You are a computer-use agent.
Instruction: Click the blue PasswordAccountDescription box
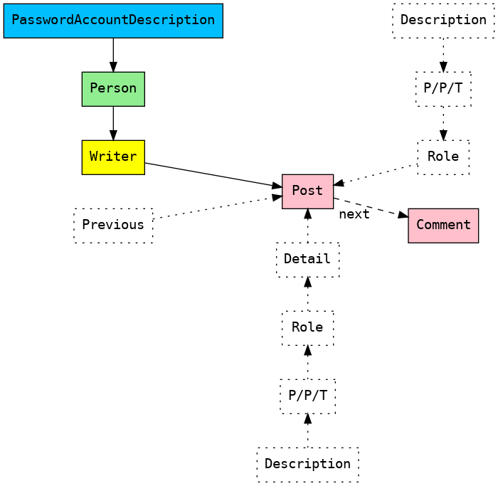(x=113, y=20)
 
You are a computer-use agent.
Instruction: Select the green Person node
(x=113, y=88)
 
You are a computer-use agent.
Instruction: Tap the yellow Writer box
(x=113, y=157)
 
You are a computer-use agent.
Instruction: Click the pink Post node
(x=307, y=191)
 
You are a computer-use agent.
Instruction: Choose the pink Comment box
(x=443, y=225)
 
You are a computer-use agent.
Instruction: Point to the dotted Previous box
(x=113, y=225)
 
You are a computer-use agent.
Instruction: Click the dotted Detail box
(x=307, y=259)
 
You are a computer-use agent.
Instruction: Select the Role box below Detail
(x=307, y=327)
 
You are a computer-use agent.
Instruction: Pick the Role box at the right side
(x=443, y=157)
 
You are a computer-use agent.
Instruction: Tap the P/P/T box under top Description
(x=443, y=88)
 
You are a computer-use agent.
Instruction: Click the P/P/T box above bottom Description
(x=307, y=396)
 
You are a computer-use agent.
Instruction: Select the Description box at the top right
(x=443, y=20)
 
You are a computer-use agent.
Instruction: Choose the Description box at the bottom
(x=307, y=464)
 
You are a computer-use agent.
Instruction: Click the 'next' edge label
(x=354, y=214)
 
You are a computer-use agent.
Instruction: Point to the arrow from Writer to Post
(x=213, y=175)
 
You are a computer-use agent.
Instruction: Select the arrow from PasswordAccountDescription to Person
(x=113, y=54)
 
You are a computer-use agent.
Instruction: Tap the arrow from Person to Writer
(x=113, y=122)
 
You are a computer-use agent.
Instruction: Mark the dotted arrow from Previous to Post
(x=217, y=207)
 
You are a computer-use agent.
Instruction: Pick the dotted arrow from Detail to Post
(x=307, y=226)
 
